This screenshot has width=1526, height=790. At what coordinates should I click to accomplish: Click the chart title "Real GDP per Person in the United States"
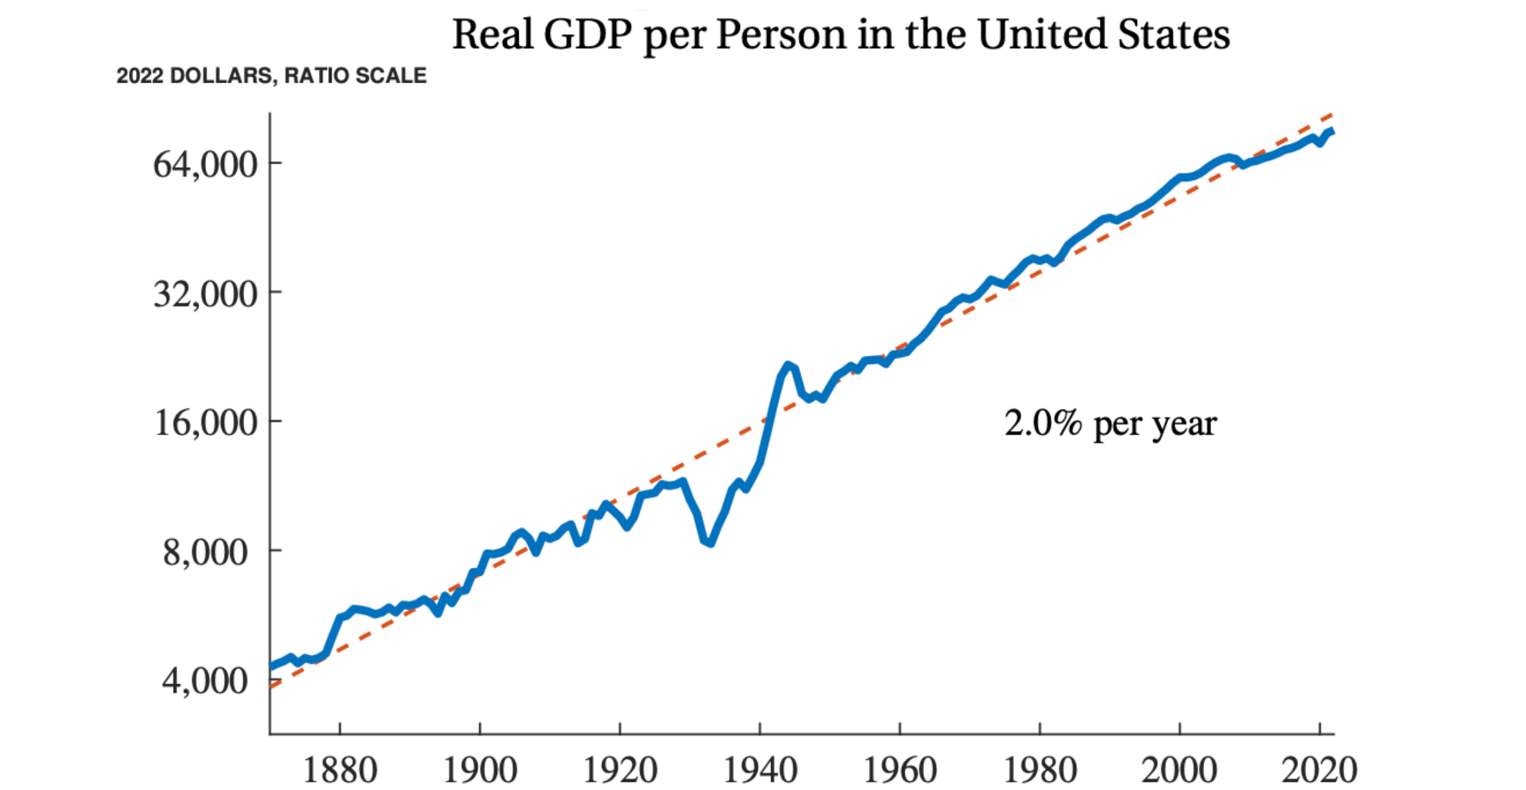841,34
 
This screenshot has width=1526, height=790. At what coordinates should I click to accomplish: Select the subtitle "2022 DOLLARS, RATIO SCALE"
271,76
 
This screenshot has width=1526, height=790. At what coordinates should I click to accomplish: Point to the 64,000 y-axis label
205,165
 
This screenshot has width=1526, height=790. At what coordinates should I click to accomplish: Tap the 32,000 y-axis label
205,294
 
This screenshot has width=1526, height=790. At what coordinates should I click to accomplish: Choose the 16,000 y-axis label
205,423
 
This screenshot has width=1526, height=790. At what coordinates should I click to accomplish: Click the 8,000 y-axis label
205,553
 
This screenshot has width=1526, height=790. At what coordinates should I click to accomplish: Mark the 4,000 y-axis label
205,681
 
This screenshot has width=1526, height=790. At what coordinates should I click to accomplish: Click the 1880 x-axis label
340,770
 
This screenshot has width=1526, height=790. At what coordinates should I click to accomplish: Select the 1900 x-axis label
480,770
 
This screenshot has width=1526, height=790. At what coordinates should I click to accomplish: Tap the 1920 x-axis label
620,770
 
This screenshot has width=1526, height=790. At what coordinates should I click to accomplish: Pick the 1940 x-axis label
760,770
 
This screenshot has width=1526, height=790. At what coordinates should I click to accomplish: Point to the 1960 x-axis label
900,770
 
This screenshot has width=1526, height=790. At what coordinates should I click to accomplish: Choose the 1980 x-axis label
1040,770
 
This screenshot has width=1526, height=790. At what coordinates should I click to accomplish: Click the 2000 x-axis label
1180,770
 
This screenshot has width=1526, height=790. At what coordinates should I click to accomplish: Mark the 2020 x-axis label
1319,770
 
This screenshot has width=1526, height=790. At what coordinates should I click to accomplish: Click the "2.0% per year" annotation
1111,424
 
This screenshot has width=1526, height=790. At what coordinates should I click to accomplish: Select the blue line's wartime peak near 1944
788,365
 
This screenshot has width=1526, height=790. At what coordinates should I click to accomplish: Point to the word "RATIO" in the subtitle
317,76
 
